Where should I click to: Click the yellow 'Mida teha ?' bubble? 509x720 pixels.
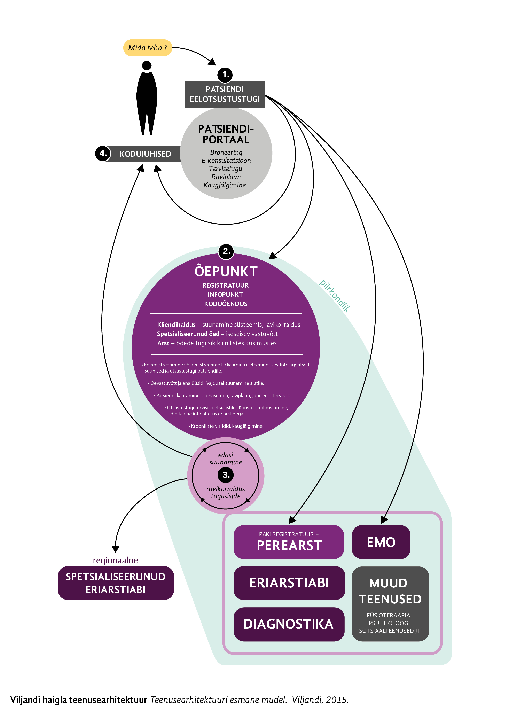tap(147, 48)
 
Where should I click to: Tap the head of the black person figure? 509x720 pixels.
tap(147, 65)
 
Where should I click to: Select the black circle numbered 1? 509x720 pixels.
tap(225, 75)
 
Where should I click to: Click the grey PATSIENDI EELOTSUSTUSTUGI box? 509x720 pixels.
tap(225, 94)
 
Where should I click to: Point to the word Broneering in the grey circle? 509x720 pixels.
tap(226, 152)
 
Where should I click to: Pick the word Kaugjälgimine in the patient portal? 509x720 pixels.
tap(225, 185)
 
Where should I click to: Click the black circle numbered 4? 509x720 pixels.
tap(103, 153)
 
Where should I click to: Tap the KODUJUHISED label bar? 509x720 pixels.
tap(145, 154)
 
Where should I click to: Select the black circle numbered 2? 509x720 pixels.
tap(226, 251)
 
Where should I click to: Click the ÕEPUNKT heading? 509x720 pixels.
tap(226, 271)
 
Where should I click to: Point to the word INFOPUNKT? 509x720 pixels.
tap(225, 295)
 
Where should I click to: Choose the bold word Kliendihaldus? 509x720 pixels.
tap(176, 324)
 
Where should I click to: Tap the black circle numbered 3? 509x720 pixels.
tap(226, 475)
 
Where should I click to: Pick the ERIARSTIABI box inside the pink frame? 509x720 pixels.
tap(289, 583)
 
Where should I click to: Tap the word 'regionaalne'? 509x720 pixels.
tap(115, 560)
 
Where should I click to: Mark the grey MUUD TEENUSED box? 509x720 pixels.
tap(390, 604)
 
